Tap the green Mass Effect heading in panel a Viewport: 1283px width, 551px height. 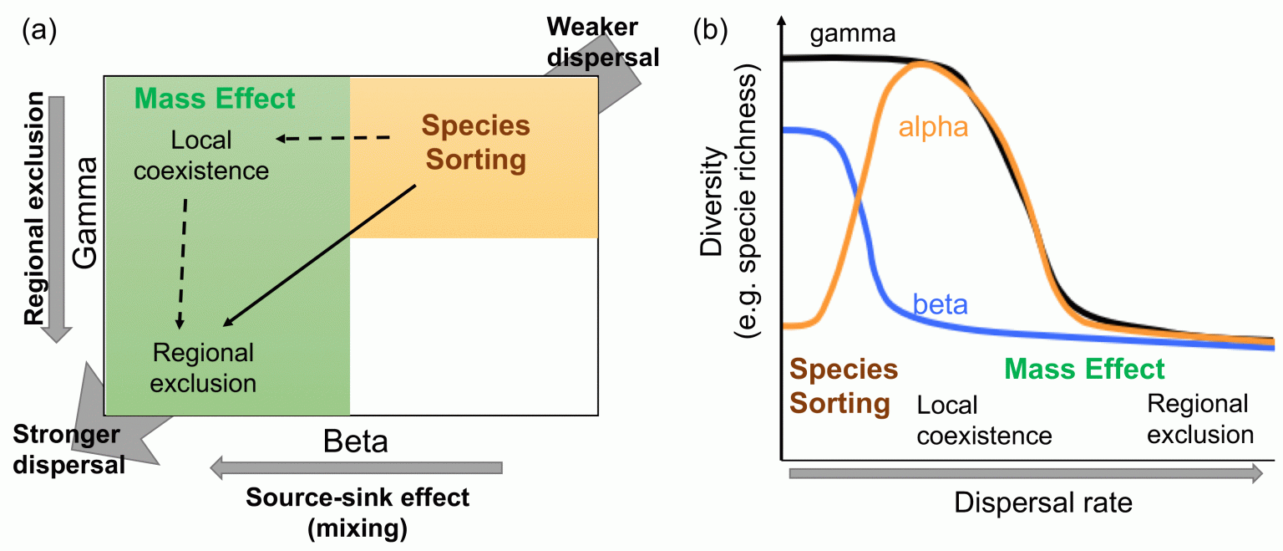tap(215, 99)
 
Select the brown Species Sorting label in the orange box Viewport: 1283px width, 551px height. tap(474, 142)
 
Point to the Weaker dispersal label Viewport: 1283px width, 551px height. tap(602, 42)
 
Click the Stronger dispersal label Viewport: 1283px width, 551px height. tap(67, 449)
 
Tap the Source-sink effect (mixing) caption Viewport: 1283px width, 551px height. tap(358, 513)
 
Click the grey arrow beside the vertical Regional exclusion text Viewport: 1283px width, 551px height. tap(57, 217)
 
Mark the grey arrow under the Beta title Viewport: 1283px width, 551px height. tap(357, 468)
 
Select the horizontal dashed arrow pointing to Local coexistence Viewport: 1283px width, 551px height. tap(333, 138)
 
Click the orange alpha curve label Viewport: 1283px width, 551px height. tap(933, 127)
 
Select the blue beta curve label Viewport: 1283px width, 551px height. tap(940, 304)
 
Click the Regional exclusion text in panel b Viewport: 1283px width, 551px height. tap(1199, 419)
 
